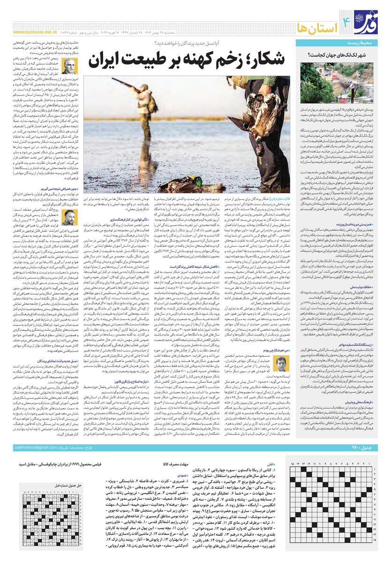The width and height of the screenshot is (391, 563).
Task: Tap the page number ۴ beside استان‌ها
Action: click(347, 21)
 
